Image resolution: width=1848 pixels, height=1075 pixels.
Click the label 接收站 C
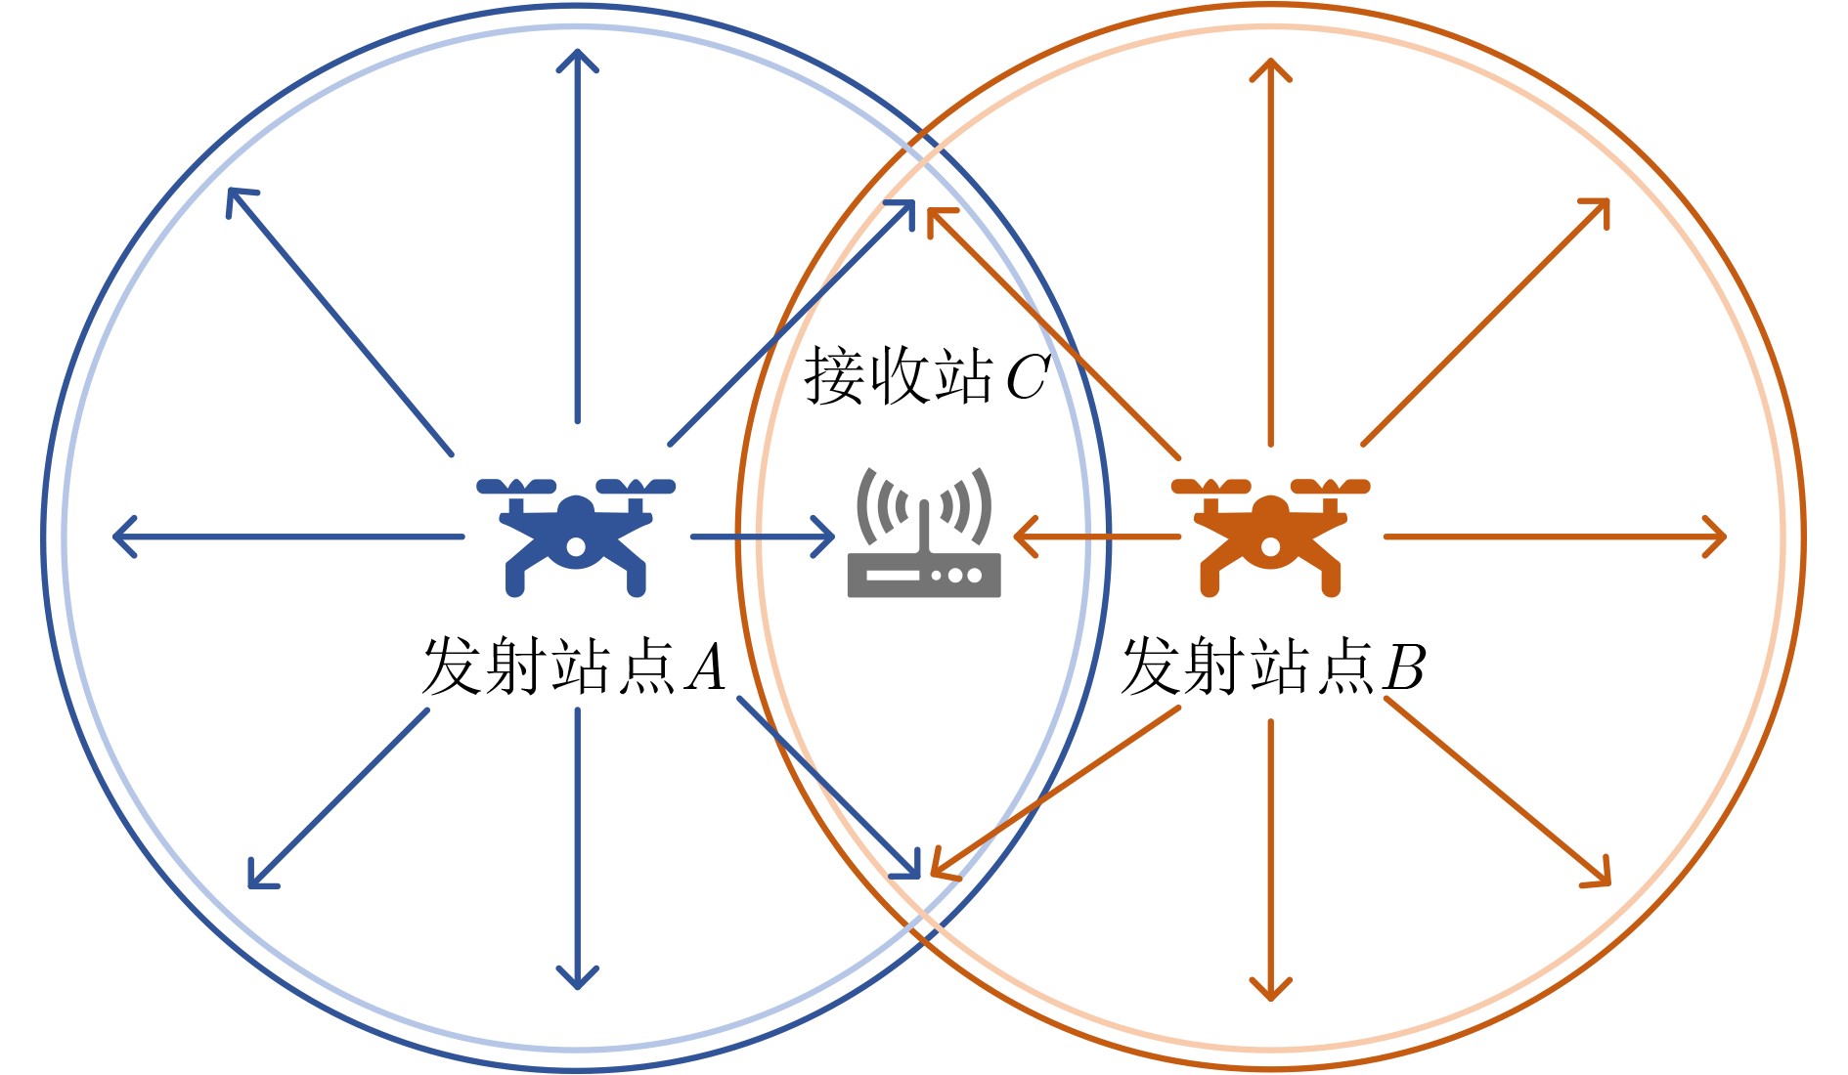tap(925, 376)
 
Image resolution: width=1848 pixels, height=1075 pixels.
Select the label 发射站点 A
tap(574, 666)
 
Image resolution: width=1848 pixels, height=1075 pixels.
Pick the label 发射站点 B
tap(1272, 666)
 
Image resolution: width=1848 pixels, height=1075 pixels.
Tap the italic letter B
tap(1404, 667)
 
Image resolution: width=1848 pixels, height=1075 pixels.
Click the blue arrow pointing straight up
tap(577, 235)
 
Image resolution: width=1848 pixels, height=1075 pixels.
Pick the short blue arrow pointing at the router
tap(763, 537)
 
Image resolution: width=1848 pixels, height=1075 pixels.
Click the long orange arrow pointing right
tap(1555, 537)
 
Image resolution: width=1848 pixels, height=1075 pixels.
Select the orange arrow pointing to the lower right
tap(1497, 793)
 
